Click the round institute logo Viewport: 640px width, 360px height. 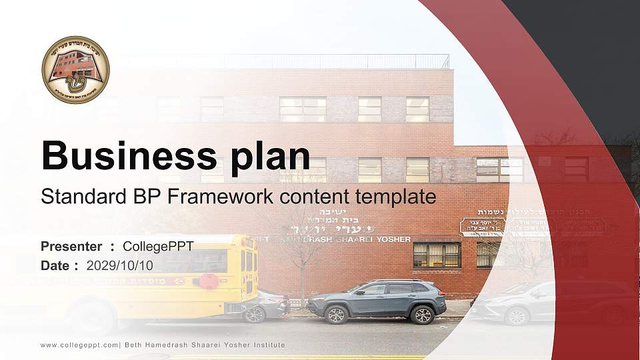[75, 69]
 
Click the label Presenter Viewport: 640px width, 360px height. [71, 247]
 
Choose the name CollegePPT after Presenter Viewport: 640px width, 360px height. [158, 247]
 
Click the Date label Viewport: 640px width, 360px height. [56, 265]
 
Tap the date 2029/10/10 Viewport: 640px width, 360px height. [120, 265]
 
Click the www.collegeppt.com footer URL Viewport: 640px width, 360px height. [79, 345]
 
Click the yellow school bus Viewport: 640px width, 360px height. [133, 273]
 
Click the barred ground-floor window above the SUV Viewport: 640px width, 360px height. [436, 255]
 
